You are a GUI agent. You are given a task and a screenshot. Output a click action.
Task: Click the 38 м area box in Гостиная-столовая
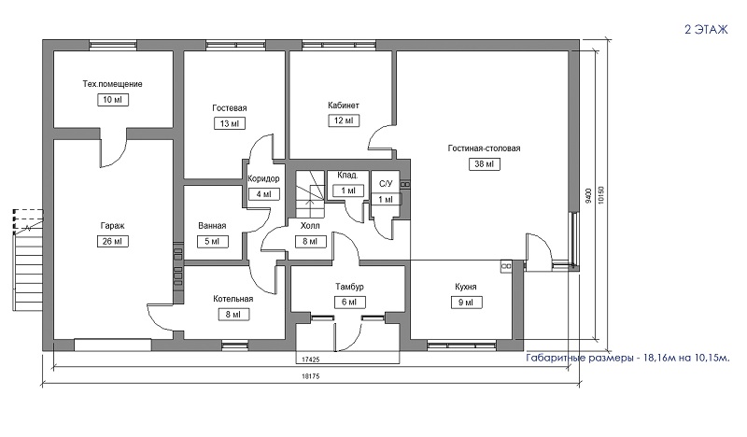point(485,164)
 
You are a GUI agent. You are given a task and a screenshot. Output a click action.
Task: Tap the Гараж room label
point(112,226)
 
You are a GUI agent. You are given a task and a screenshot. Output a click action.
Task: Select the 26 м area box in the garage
point(112,242)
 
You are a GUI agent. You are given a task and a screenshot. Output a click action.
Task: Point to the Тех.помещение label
point(112,84)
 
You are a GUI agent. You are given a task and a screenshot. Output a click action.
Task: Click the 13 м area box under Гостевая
point(230,124)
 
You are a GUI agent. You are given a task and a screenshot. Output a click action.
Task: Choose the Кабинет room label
point(344,106)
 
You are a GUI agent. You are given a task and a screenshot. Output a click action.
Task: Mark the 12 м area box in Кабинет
point(344,120)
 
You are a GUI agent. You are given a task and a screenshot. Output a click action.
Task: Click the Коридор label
point(263,178)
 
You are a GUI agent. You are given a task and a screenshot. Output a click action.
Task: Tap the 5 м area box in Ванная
point(213,242)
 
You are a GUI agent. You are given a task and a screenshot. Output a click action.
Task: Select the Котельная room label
point(233,299)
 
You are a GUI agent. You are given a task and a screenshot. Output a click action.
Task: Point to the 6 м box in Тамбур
point(349,303)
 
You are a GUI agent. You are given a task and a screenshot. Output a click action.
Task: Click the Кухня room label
point(465,287)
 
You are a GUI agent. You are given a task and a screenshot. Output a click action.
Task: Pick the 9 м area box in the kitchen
point(466,303)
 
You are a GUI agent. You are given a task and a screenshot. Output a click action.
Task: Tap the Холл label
point(310,226)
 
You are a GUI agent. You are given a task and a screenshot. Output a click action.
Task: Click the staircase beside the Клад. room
point(310,194)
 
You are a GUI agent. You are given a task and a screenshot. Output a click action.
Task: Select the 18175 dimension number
point(311,376)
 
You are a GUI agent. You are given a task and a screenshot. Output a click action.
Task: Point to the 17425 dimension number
point(311,359)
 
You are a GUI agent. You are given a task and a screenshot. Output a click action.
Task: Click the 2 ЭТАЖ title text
point(707,30)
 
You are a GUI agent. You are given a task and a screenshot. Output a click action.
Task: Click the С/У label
point(386,183)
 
